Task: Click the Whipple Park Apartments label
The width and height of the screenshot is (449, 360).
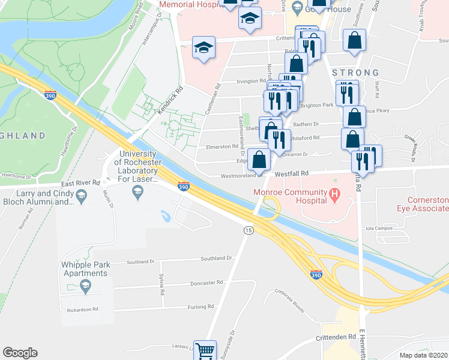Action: coord(84,269)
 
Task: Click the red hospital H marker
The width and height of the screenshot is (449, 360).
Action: coord(335,194)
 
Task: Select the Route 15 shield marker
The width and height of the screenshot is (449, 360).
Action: coord(247,230)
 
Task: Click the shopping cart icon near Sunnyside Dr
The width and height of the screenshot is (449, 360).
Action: coord(205,351)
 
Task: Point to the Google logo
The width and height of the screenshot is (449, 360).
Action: coord(20,353)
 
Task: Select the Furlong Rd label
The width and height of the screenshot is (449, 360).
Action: coord(201,307)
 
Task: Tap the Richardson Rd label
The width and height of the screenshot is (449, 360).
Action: coord(82,310)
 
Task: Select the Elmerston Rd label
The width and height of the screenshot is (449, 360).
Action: coord(222,146)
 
